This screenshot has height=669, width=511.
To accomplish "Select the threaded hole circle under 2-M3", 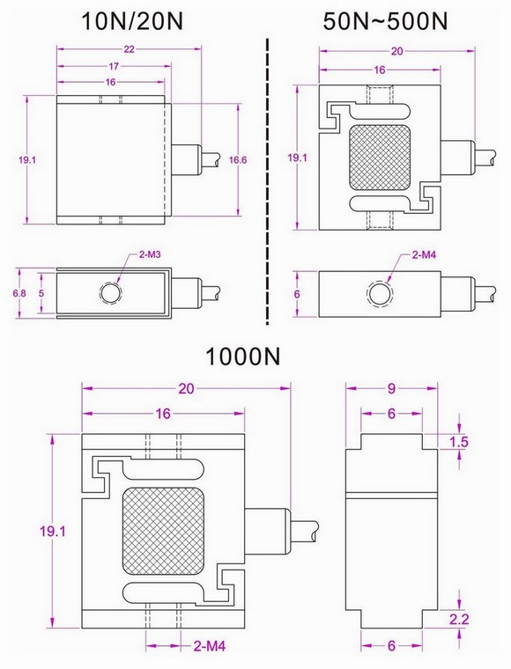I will pos(110,292).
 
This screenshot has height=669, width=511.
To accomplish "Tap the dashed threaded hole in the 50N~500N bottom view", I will pos(378,292).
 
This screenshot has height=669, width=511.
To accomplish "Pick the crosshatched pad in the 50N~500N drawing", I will pos(380,156).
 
